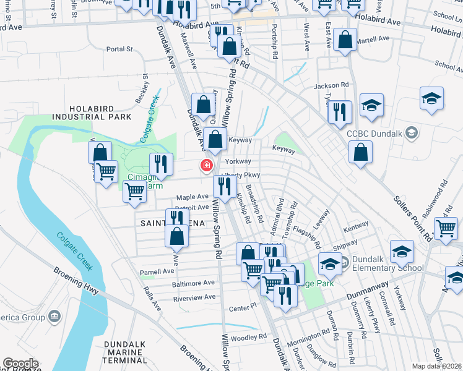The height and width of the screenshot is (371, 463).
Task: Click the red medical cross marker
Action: pyautogui.click(x=206, y=166)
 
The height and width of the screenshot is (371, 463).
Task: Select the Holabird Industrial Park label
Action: pyautogui.click(x=92, y=112)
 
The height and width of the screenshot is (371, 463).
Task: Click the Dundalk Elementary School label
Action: pyautogui.click(x=387, y=263)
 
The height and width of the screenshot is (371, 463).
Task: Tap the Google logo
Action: pyautogui.click(x=20, y=364)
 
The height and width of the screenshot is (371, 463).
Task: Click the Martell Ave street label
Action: pyautogui.click(x=375, y=38)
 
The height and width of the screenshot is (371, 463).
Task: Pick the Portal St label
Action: pyautogui.click(x=119, y=49)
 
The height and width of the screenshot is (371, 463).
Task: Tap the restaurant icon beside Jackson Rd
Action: pyautogui.click(x=340, y=112)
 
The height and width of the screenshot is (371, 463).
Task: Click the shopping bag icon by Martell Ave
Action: pyautogui.click(x=345, y=40)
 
